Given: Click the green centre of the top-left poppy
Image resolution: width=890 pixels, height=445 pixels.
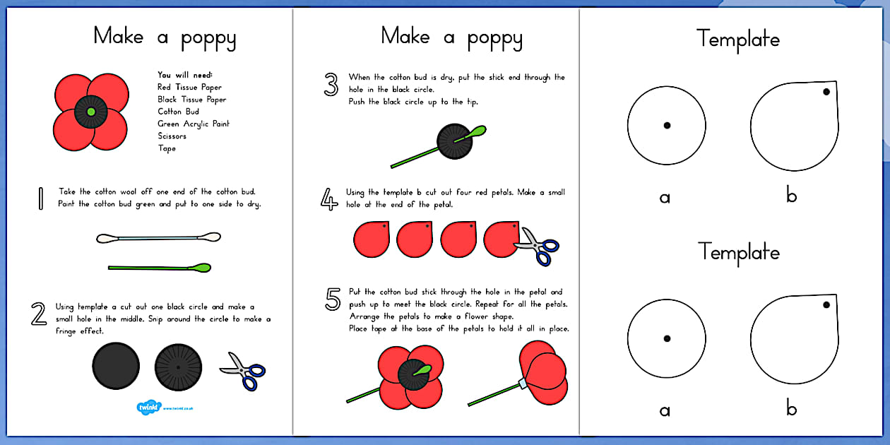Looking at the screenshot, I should click(90, 112).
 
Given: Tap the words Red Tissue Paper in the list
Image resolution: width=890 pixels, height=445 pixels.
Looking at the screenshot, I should click(189, 88).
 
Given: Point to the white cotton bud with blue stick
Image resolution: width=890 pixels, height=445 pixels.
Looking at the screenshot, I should click(158, 238).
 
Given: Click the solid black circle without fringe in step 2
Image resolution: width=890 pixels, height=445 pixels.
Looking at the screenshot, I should click(115, 366).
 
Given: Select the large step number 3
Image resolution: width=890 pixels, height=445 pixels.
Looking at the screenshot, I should click(331, 85).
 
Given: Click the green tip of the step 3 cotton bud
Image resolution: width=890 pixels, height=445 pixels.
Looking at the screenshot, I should click(477, 131).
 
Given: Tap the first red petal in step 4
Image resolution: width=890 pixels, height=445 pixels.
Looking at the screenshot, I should click(372, 239).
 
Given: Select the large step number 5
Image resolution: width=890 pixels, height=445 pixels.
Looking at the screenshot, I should click(333, 299).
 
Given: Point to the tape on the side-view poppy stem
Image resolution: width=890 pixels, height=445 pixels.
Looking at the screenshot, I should click(523, 383).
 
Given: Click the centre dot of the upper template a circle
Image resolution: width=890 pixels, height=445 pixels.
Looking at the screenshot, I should click(667, 125).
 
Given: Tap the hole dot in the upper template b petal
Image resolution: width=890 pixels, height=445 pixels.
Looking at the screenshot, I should click(825, 91).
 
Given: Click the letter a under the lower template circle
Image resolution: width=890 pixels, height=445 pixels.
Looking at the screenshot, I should click(665, 410).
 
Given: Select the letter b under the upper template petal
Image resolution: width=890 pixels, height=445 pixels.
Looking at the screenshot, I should click(792, 196).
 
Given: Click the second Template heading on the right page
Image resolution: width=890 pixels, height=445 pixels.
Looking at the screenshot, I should click(739, 251).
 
